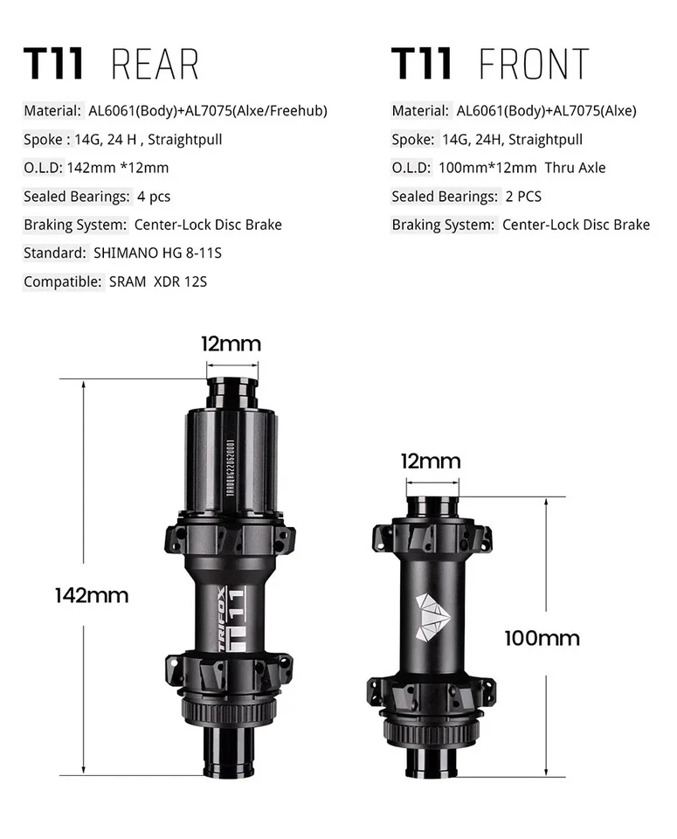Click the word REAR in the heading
(x=155, y=66)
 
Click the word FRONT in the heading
(x=534, y=66)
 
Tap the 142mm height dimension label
(x=91, y=596)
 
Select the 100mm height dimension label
(x=542, y=638)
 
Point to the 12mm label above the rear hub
(x=231, y=343)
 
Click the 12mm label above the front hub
(x=430, y=461)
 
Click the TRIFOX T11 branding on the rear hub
(x=231, y=617)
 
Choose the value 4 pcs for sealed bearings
(x=154, y=197)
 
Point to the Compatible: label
(x=59, y=281)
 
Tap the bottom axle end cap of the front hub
(x=432, y=762)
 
